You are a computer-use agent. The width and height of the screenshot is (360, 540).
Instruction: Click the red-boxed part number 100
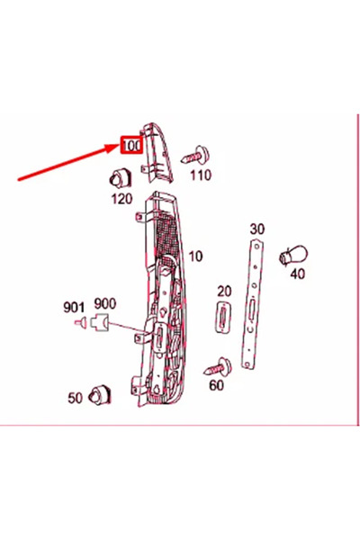[x=131, y=145]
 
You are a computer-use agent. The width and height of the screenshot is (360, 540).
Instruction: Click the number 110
[x=200, y=175]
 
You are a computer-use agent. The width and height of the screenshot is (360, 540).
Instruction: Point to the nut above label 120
[x=117, y=175]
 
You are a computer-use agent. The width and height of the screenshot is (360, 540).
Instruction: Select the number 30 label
[x=256, y=229]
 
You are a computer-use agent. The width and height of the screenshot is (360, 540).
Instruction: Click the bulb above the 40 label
[x=287, y=255]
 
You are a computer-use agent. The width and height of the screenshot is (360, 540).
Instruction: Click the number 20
[x=224, y=292]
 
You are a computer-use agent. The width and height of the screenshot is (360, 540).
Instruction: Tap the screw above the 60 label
[x=216, y=365]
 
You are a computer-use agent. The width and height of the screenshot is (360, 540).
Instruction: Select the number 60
[x=216, y=386]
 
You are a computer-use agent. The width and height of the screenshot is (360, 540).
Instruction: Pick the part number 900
[x=104, y=303]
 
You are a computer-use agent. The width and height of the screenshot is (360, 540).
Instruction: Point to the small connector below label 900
[x=101, y=320]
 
